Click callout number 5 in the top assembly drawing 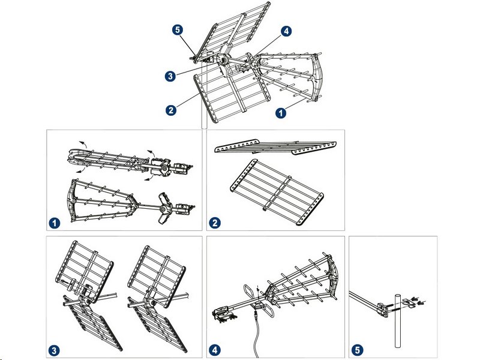(x=178, y=30)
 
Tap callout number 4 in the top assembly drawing (x=286, y=31)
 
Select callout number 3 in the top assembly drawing (x=170, y=76)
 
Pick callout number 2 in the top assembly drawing (x=171, y=110)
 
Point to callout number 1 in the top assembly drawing (x=281, y=113)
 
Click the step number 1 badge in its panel (x=55, y=223)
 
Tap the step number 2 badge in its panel (x=215, y=223)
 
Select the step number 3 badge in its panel (x=55, y=350)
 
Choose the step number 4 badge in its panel (x=215, y=350)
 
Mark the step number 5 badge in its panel (x=357, y=350)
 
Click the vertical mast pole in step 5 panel (x=397, y=320)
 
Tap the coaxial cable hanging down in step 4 (x=257, y=334)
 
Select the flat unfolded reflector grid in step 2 (x=277, y=192)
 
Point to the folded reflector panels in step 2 (x=275, y=146)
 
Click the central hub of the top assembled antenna (x=223, y=59)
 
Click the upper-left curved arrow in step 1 (x=82, y=144)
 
